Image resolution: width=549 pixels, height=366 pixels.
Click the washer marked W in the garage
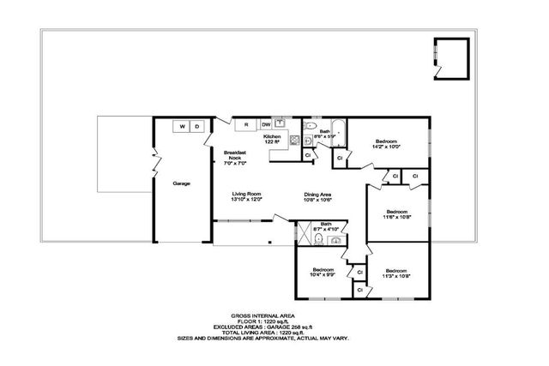pyautogui.click(x=182, y=127)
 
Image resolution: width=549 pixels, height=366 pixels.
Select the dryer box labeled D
pyautogui.click(x=196, y=127)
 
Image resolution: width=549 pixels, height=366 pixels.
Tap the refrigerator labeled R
pyautogui.click(x=246, y=125)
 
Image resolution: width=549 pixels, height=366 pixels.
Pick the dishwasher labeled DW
pyautogui.click(x=266, y=125)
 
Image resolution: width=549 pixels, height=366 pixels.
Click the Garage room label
pyautogui.click(x=181, y=183)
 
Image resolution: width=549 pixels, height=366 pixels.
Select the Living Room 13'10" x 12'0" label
pyautogui.click(x=246, y=197)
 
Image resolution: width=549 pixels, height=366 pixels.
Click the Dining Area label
pyautogui.click(x=317, y=197)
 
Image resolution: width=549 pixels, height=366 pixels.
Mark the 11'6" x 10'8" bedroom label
pyautogui.click(x=396, y=214)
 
